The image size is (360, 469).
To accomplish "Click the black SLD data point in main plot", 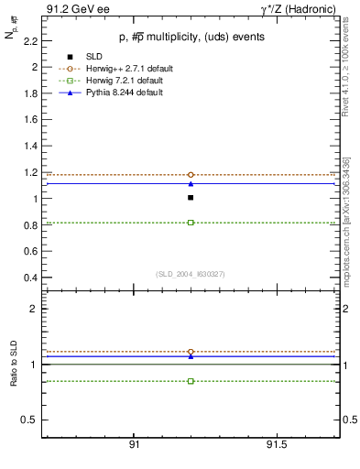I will tap(191, 197).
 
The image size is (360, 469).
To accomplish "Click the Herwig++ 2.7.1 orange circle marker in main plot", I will tap(191, 174).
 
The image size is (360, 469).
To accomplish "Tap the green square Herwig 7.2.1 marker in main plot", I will tap(191, 223).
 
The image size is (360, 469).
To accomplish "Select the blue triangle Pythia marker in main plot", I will tap(191, 183).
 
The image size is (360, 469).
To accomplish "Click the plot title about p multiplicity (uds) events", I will tap(190, 38).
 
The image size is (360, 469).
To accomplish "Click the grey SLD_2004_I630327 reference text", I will tap(190, 274).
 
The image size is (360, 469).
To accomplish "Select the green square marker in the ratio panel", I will tap(191, 381).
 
